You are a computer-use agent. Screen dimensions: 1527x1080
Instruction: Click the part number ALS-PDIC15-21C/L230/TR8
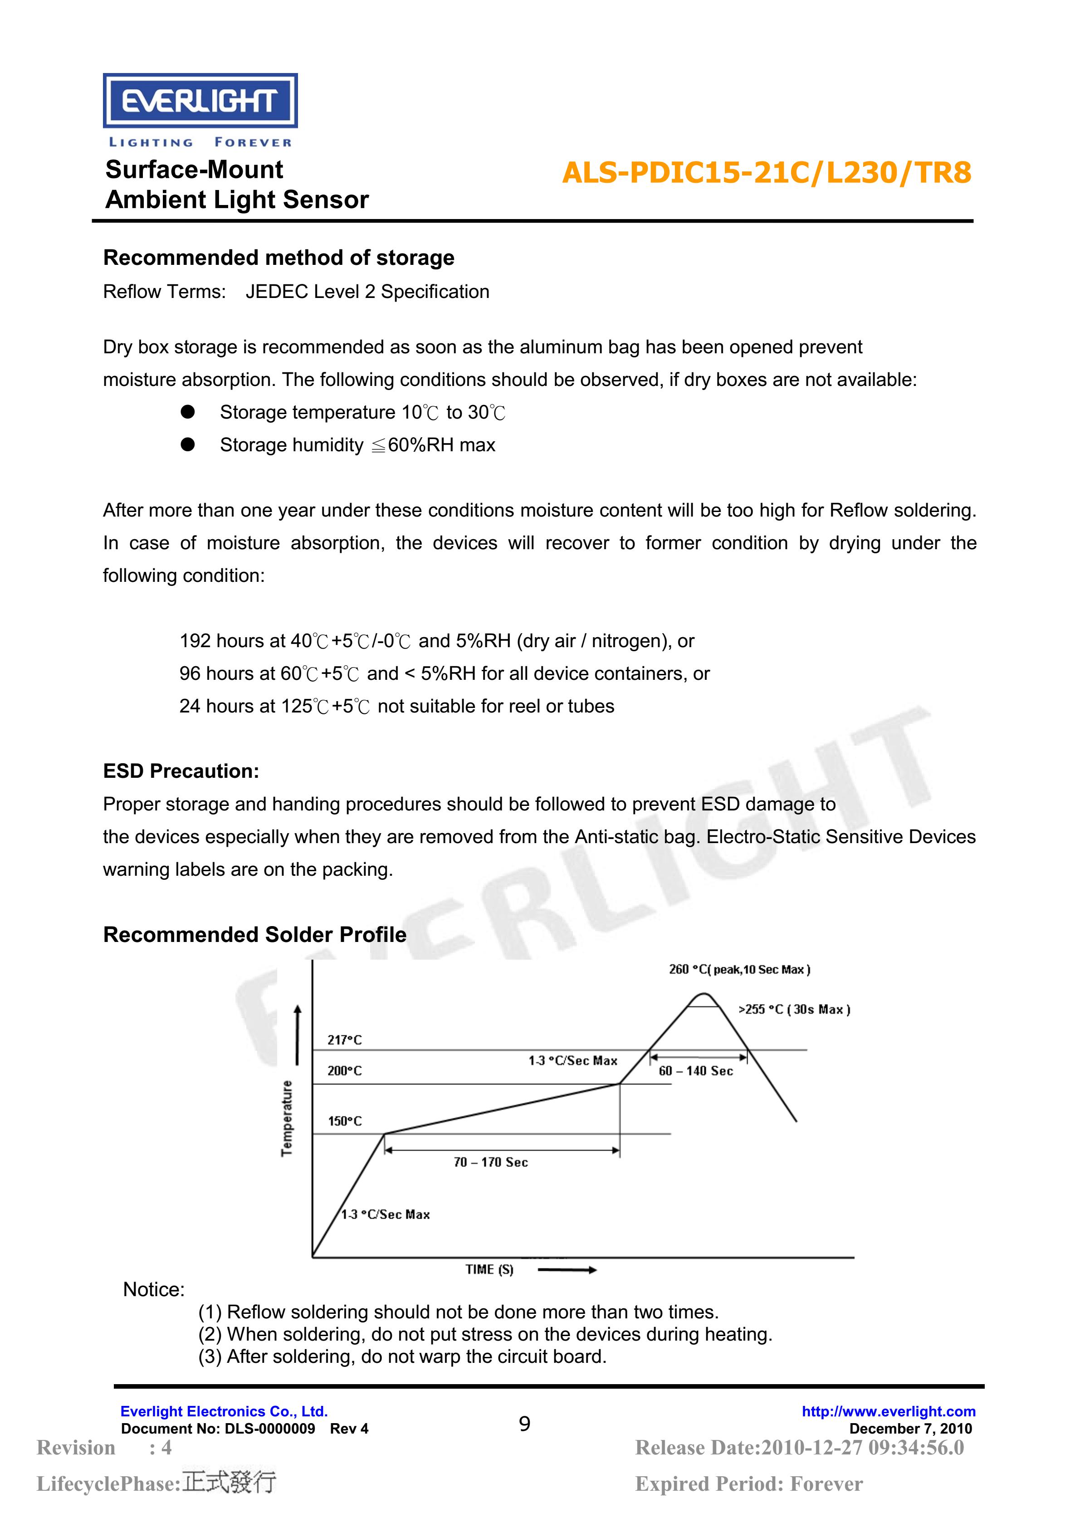click(766, 173)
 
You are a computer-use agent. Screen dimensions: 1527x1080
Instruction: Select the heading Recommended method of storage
click(279, 258)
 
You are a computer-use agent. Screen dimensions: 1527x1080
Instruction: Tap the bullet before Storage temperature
click(188, 412)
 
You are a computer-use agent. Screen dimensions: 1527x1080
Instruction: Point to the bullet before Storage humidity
click(188, 445)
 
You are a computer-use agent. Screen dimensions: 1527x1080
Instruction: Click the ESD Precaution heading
click(181, 771)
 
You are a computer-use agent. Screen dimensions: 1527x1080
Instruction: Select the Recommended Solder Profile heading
click(255, 934)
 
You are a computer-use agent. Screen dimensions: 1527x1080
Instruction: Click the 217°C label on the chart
click(344, 1039)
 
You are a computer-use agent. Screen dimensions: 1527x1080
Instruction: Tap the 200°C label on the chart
click(344, 1071)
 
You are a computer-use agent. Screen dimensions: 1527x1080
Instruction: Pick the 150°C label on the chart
click(344, 1121)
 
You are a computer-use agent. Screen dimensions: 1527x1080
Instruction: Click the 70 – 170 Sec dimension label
click(491, 1162)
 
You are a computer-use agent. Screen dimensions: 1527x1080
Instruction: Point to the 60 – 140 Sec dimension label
click(696, 1071)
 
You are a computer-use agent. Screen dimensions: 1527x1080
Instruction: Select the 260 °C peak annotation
click(739, 970)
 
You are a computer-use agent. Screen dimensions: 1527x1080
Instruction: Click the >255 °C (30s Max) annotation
click(794, 1010)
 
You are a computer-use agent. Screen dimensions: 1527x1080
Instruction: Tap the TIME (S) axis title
click(489, 1269)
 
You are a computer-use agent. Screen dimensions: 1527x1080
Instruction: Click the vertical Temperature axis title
click(287, 1119)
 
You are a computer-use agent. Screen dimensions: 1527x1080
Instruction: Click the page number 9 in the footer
click(525, 1424)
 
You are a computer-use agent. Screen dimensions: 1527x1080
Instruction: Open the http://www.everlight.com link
click(889, 1411)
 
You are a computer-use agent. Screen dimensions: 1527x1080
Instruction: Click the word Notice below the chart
click(154, 1289)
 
